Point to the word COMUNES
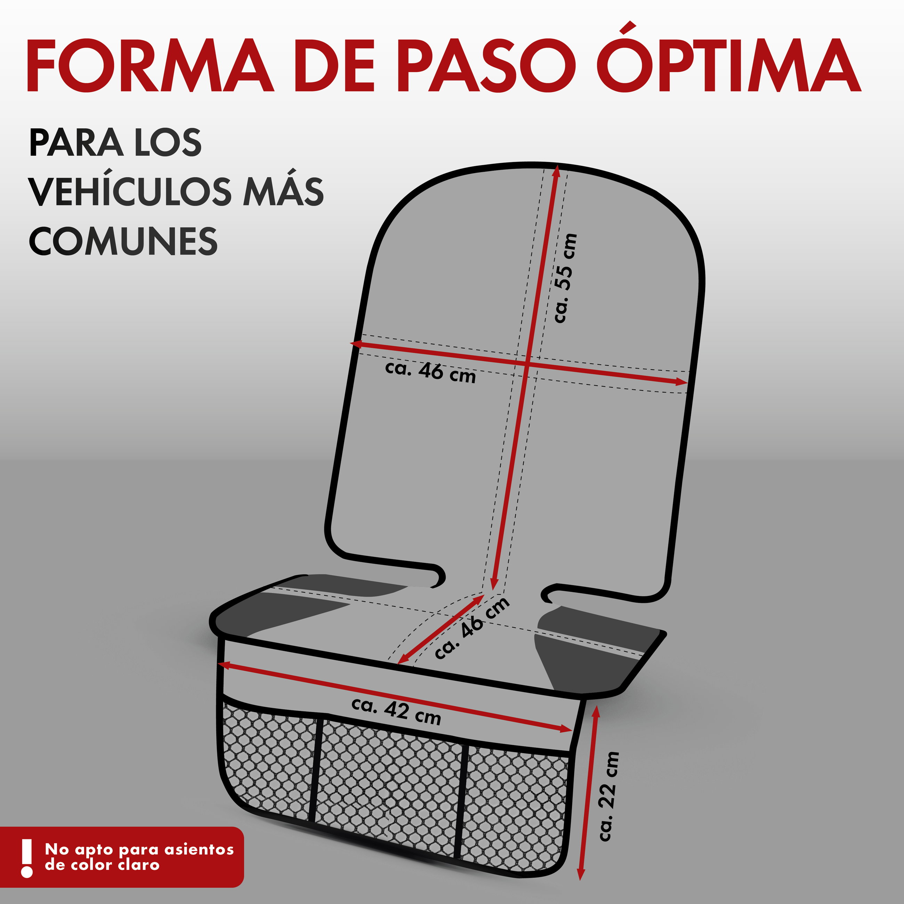[123, 241]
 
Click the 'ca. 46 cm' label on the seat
[472, 628]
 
